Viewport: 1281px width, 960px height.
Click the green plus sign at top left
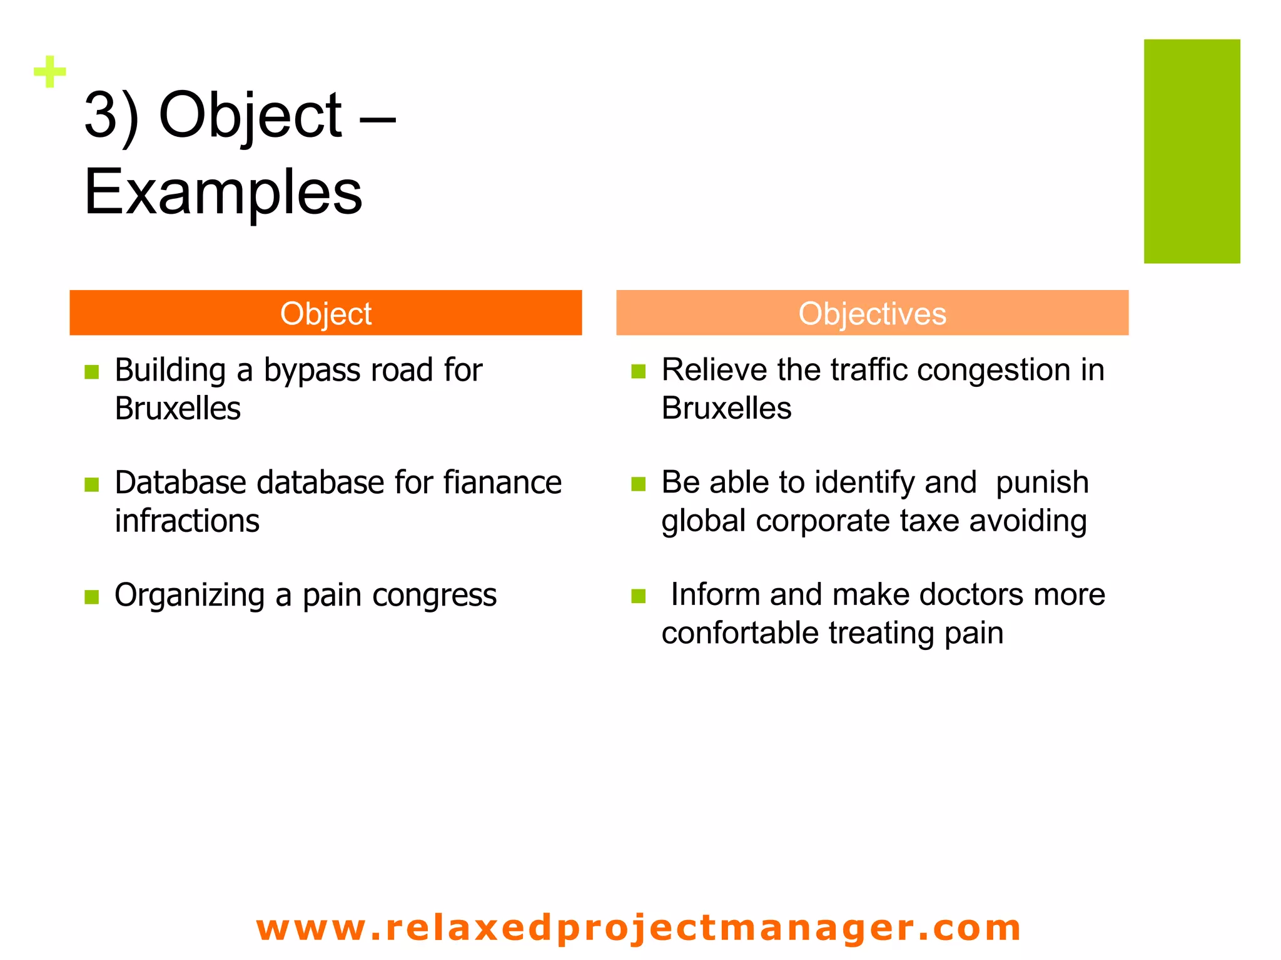(x=49, y=72)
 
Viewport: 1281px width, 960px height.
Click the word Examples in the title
(x=223, y=192)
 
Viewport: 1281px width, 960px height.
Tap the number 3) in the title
(x=111, y=116)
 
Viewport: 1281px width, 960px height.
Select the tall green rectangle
(x=1191, y=151)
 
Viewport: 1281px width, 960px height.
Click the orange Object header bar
(x=325, y=313)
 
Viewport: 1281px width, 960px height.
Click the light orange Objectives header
(x=872, y=313)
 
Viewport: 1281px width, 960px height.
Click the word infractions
(x=187, y=521)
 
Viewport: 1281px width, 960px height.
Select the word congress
(x=434, y=596)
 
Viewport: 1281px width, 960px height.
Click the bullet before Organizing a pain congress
(x=92, y=597)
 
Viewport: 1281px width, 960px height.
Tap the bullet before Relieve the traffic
(x=638, y=372)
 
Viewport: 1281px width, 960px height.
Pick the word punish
(x=1041, y=483)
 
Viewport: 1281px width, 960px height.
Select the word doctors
(x=971, y=594)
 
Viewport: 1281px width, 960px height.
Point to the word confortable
(x=740, y=633)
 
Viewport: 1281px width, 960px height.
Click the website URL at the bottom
(x=638, y=927)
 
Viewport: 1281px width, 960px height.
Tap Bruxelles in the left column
(x=178, y=409)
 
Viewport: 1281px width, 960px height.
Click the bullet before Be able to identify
(x=638, y=484)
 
